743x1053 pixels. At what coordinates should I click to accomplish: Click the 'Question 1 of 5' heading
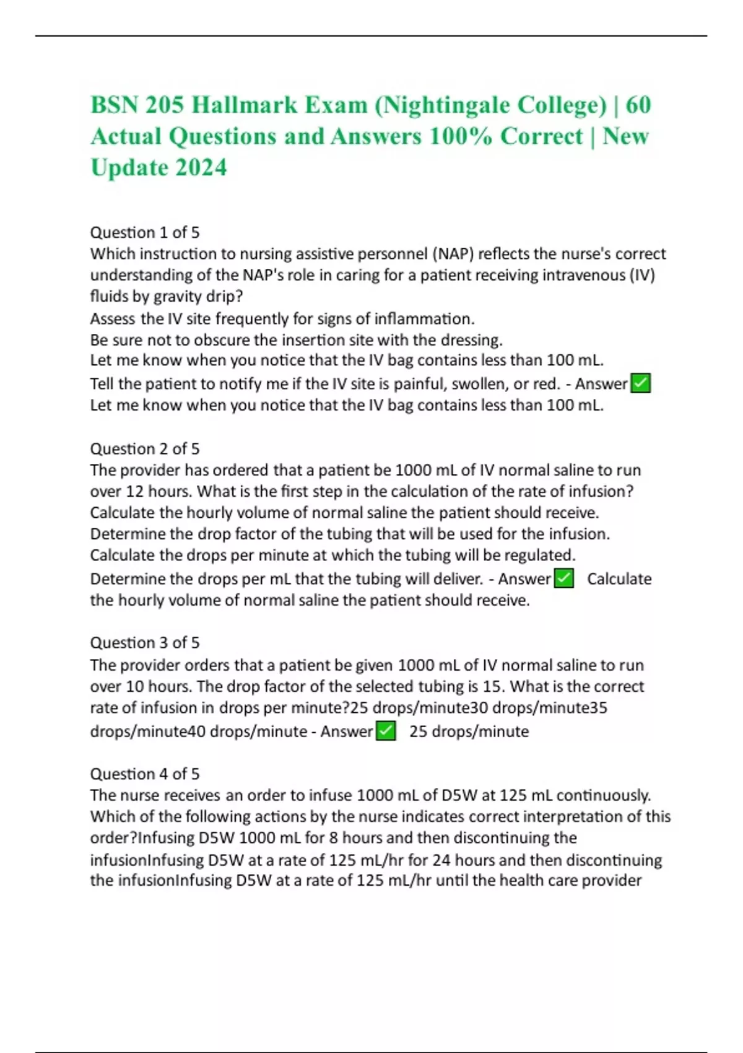pos(145,232)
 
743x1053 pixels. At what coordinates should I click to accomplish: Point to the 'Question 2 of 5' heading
pos(145,448)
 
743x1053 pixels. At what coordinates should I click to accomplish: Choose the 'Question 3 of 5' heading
pos(145,642)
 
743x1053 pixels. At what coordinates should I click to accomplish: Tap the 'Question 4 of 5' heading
pos(145,774)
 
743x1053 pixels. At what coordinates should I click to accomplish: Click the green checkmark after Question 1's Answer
pos(640,383)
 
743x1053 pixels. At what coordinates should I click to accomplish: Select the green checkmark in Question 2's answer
pos(563,579)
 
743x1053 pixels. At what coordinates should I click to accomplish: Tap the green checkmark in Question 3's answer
pos(386,731)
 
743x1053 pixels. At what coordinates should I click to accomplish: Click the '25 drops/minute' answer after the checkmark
pos(469,732)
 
